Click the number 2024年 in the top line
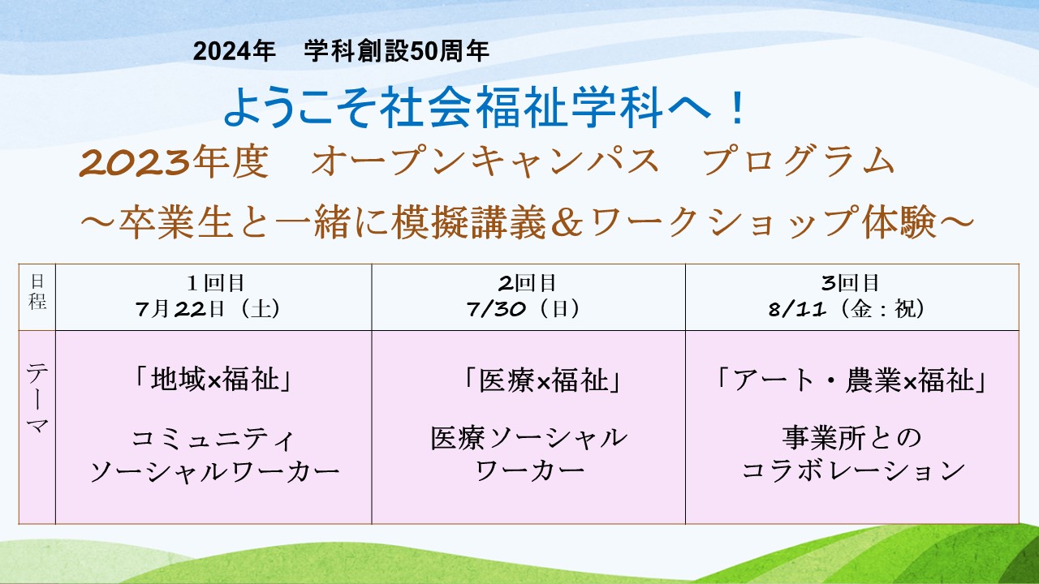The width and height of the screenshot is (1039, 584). point(235,51)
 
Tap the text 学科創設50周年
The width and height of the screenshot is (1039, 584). point(397,51)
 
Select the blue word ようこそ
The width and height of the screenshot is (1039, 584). point(299,108)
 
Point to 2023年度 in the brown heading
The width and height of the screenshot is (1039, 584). point(174,161)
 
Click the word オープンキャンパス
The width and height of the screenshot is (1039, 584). point(485,161)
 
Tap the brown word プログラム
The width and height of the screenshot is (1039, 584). point(799,161)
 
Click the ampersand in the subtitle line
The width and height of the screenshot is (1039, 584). point(567,222)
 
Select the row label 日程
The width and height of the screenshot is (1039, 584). point(37,291)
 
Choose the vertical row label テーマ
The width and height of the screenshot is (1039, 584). point(37,399)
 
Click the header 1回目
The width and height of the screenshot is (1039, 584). point(215,283)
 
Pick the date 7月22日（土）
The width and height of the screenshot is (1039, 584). point(208,309)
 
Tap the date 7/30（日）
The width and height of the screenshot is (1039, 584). point(524,309)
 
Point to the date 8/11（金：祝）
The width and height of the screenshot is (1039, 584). point(847,309)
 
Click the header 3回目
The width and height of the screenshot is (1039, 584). point(850,283)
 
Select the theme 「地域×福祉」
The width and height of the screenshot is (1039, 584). point(213,380)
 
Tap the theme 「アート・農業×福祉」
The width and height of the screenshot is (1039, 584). point(850,380)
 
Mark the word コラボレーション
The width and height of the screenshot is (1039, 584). point(852,470)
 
